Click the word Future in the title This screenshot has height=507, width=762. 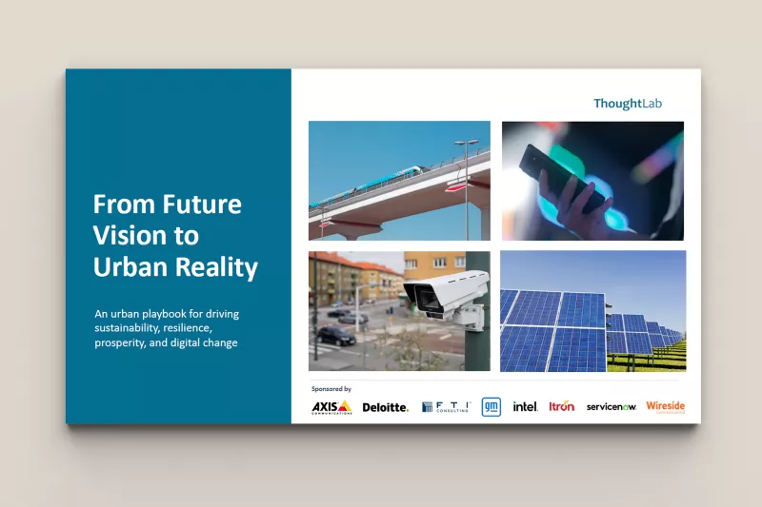[201, 204]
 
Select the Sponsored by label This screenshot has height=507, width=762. [331, 389]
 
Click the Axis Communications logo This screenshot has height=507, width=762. [331, 407]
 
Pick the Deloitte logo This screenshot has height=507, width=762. [386, 407]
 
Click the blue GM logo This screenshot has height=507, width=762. [491, 406]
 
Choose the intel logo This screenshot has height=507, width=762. [525, 406]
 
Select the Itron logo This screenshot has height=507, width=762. [562, 406]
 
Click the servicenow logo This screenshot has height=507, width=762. [612, 407]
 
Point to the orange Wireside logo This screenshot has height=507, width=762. [665, 406]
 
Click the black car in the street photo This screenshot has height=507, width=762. [335, 335]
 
